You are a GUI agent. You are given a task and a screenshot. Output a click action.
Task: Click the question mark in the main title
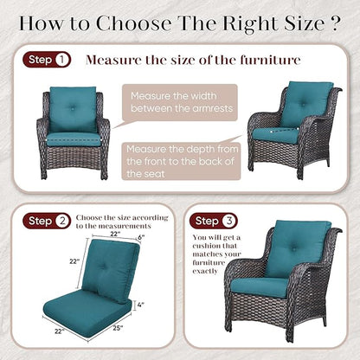tap(334, 22)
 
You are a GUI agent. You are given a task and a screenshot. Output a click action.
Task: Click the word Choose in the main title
tap(134, 22)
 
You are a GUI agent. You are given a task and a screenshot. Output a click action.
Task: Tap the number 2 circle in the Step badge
tap(62, 221)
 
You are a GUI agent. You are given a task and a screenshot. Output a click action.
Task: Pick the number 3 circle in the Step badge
tap(229, 221)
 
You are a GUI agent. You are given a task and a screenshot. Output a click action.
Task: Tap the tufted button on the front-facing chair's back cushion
tap(73, 109)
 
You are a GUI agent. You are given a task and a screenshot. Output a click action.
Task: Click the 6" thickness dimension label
tap(141, 237)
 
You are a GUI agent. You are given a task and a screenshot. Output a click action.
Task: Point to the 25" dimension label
tap(118, 328)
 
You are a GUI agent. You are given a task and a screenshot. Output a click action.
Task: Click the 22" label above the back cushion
tap(115, 234)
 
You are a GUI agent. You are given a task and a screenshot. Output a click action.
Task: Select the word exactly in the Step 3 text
tap(205, 272)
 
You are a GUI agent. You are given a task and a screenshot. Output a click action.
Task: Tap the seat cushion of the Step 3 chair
tap(260, 287)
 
